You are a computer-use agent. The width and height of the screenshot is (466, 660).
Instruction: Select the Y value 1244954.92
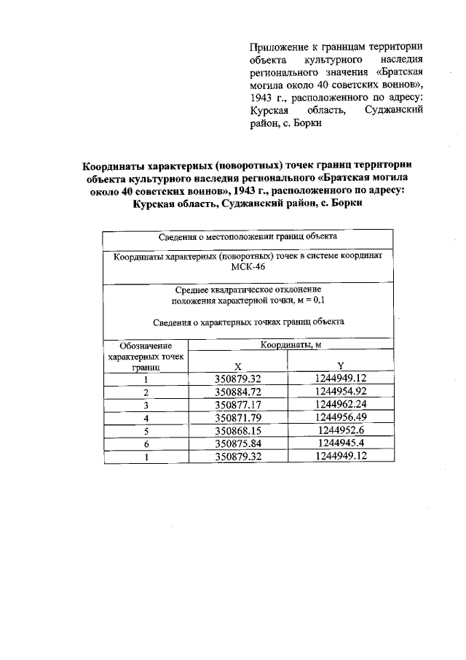coord(340,392)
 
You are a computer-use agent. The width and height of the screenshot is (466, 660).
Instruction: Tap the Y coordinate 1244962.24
coord(340,405)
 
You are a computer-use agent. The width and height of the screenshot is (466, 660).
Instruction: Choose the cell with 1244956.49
coord(340,418)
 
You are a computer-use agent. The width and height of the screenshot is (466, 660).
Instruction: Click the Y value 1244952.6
coord(340,431)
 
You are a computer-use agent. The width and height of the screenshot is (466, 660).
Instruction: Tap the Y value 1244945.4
coord(340,444)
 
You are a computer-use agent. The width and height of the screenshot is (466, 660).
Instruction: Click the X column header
coord(238,365)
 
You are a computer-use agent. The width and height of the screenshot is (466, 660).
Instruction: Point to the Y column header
coord(341,365)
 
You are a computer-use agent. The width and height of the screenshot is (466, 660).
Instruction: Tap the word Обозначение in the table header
coord(146,345)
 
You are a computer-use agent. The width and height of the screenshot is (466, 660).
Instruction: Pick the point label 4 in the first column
coord(146,418)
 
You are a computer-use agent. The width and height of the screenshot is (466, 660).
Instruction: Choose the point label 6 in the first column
coord(146,444)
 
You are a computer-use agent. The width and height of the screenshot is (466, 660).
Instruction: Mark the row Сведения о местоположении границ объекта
coord(248,236)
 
